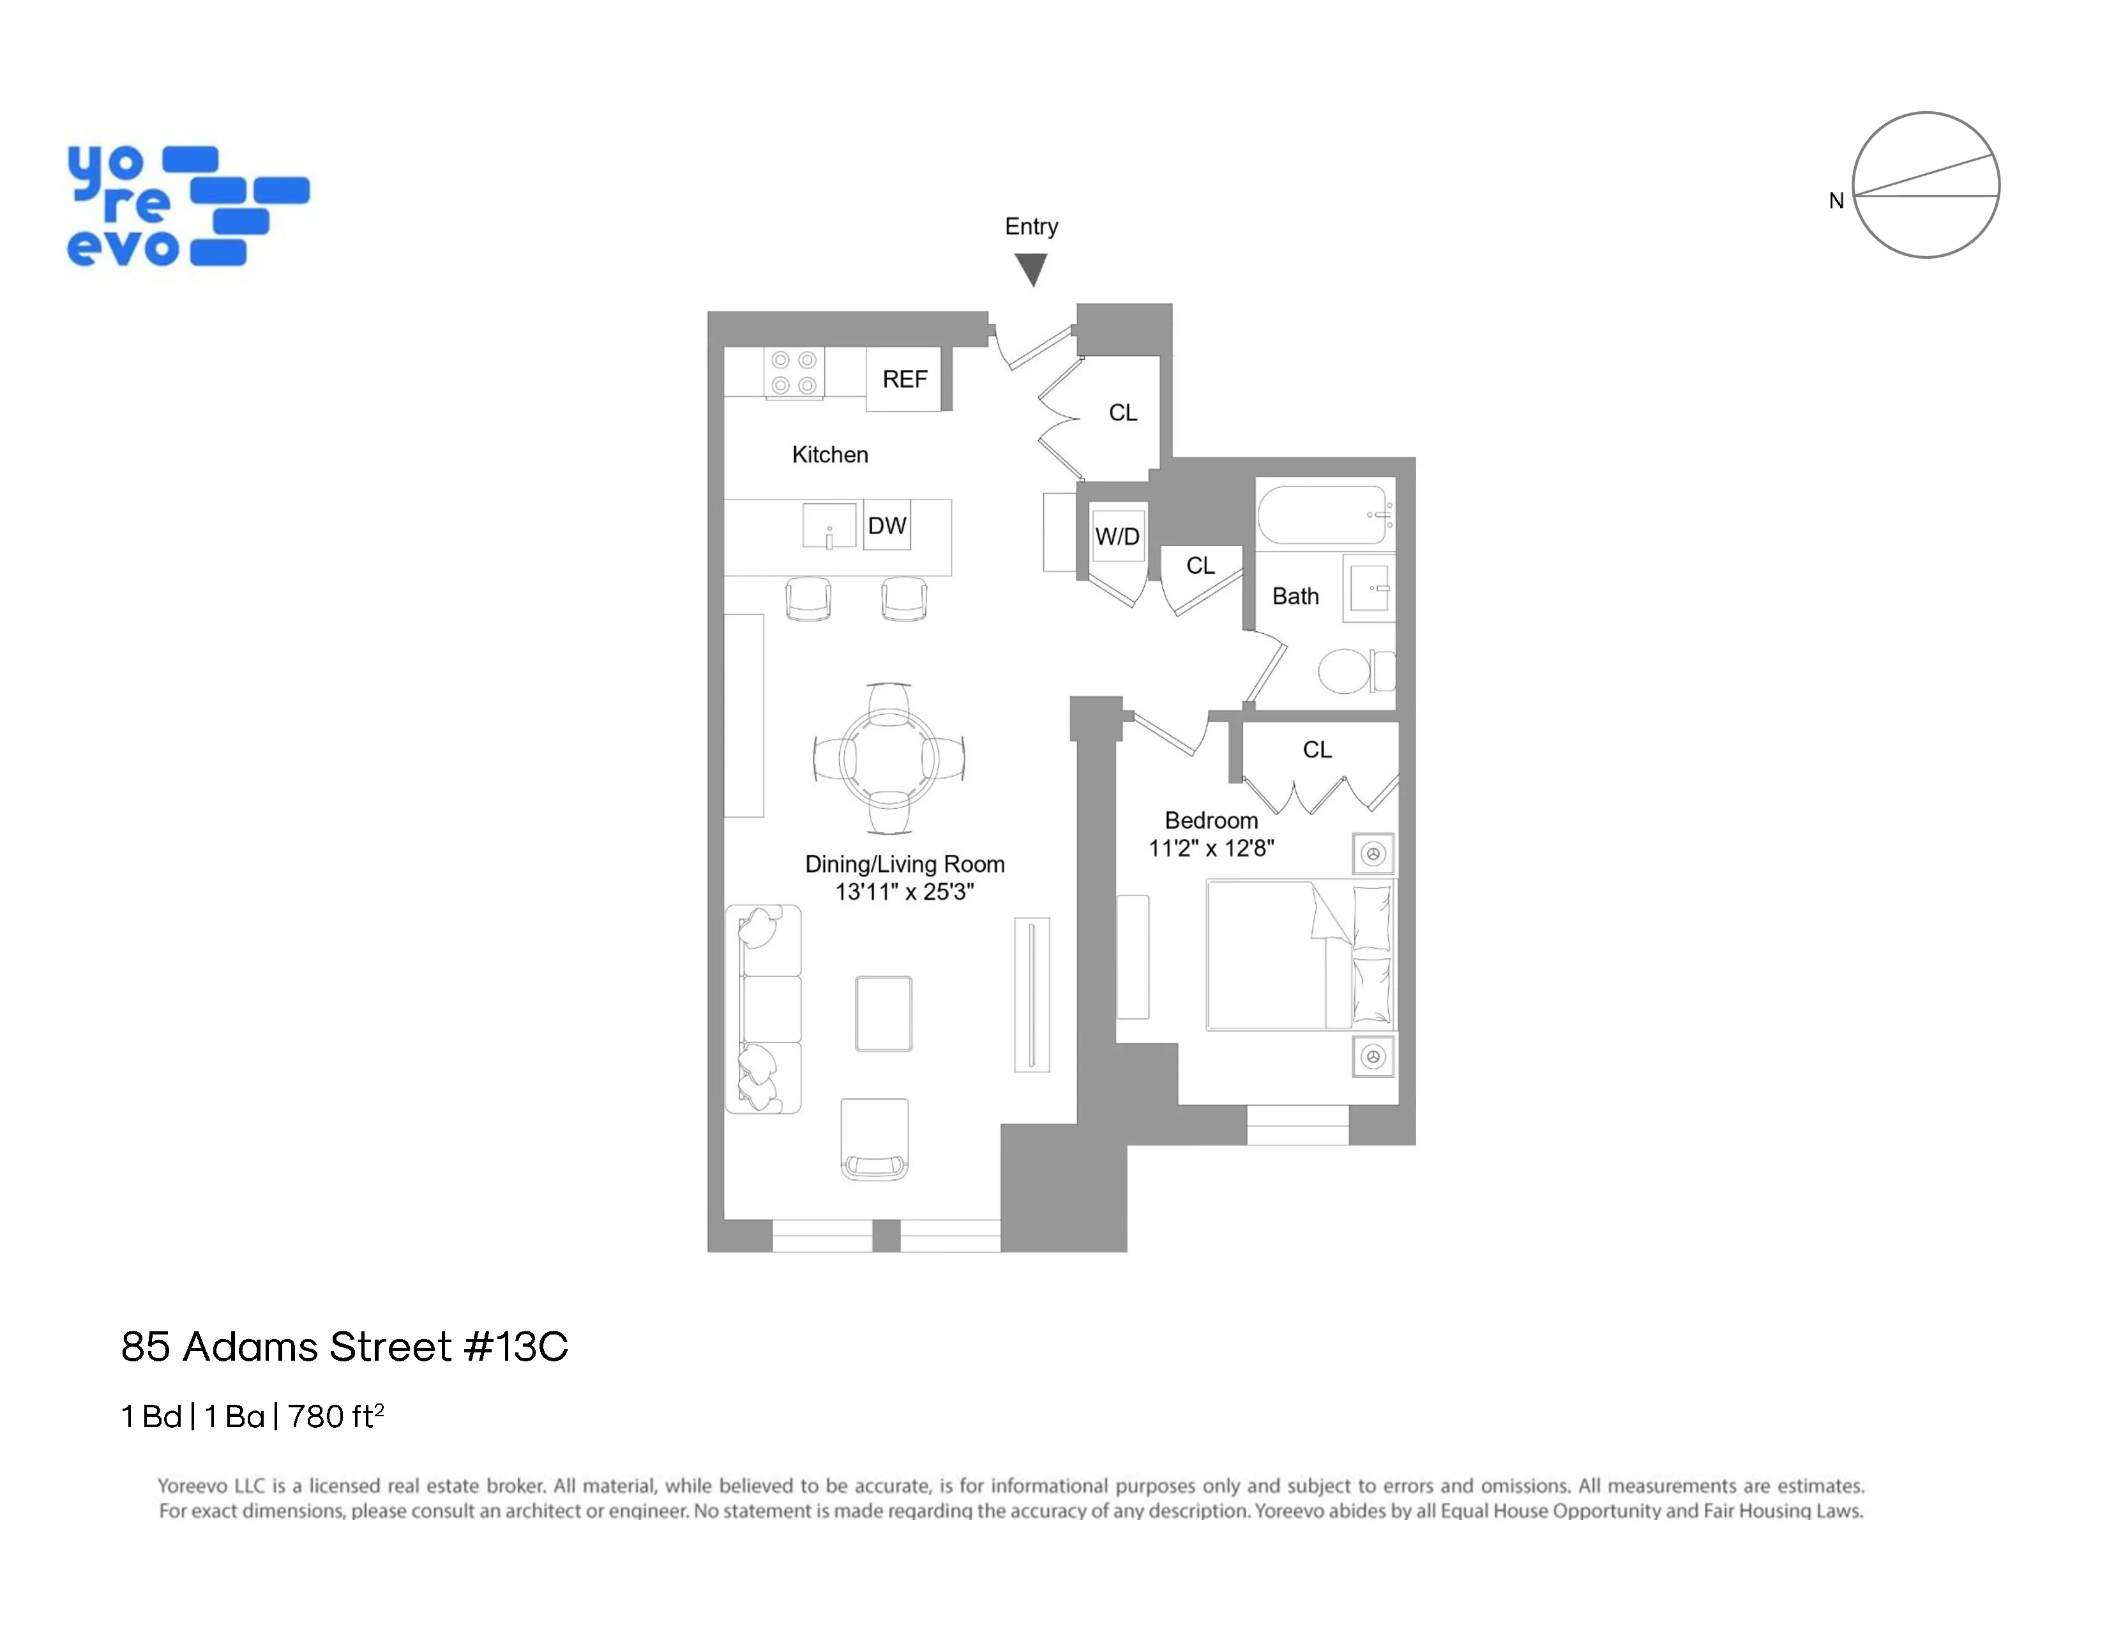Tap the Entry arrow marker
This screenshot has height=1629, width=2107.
coord(1031,269)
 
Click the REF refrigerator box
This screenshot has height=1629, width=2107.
coord(904,379)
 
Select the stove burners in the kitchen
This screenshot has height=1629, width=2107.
coord(794,372)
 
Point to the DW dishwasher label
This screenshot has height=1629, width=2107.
coord(887,526)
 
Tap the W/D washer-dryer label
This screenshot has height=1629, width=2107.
coord(1117,537)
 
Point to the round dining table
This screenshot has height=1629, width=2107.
coord(889,758)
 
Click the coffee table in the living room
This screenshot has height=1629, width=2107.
coord(884,1013)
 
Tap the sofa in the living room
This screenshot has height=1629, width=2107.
coord(763,1009)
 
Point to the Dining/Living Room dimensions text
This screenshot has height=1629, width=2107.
coord(904,892)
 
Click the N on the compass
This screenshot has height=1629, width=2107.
coord(1836,201)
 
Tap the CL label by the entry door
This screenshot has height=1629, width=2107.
coord(1123,413)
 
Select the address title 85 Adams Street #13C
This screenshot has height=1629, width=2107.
coord(344,1347)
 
